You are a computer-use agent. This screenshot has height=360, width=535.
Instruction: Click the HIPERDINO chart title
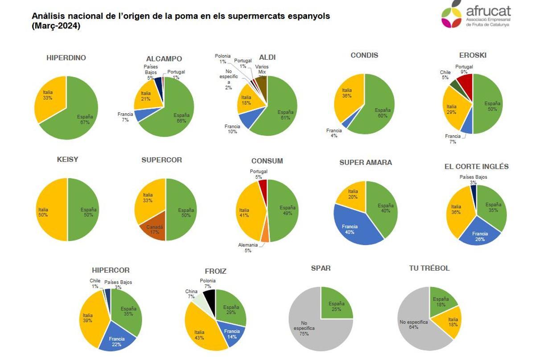[66, 58]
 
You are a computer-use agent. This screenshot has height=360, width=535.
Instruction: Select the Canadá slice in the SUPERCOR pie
[154, 230]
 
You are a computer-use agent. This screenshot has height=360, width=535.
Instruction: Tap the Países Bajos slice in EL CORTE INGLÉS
[473, 192]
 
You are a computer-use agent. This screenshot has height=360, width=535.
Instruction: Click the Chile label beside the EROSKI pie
[445, 74]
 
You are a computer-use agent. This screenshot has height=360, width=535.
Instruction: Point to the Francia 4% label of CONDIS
[334, 133]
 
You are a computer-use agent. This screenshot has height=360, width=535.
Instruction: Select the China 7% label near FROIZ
[191, 294]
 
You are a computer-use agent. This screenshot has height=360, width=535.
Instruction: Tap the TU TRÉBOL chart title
[429, 268]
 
